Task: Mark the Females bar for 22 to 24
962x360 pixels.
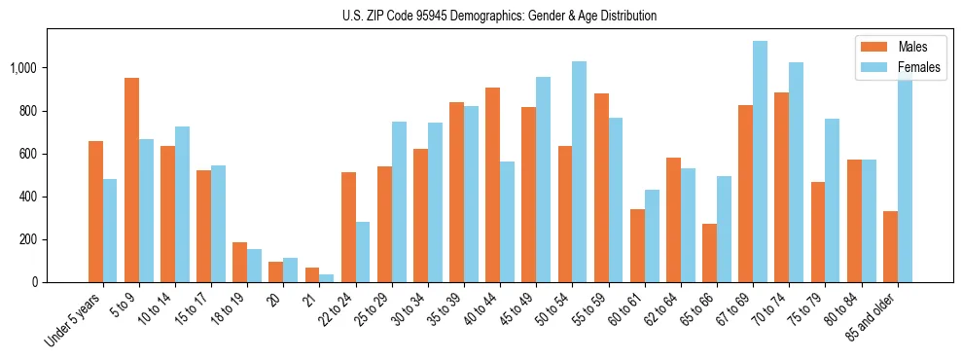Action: pos(363,252)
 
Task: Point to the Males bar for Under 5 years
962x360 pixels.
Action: pos(95,211)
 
